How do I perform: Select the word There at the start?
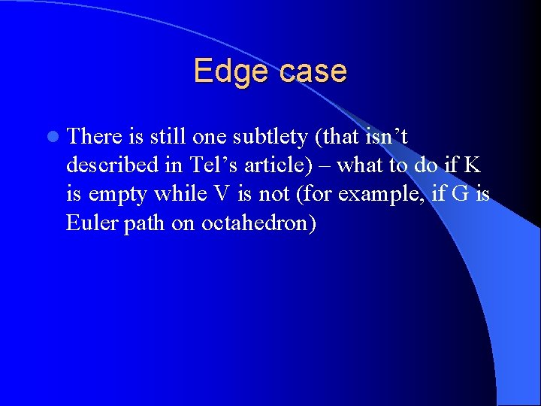click(x=94, y=136)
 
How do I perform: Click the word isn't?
click(x=385, y=136)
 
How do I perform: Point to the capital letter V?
click(x=221, y=195)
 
